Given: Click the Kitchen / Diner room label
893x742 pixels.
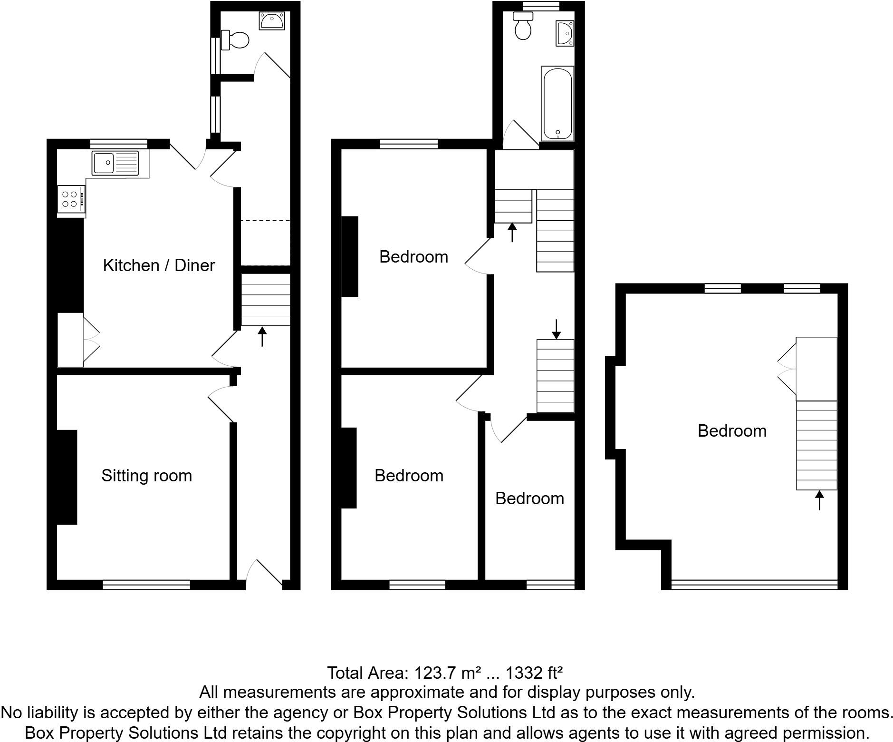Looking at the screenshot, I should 159,265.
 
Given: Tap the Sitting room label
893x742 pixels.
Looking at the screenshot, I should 146,476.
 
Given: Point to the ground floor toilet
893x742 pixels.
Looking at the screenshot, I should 236,40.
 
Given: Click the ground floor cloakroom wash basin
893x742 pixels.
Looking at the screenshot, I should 272,20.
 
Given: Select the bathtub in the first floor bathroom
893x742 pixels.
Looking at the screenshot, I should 557,103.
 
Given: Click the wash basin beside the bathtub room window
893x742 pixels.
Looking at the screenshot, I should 565,33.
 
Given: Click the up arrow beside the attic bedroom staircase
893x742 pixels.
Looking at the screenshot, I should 819,500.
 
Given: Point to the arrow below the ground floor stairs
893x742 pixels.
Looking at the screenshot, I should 262,336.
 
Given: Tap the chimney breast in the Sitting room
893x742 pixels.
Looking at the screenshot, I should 67,477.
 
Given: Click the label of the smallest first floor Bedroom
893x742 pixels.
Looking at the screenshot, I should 529,498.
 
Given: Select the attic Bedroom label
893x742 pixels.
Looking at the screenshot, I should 731,431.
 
